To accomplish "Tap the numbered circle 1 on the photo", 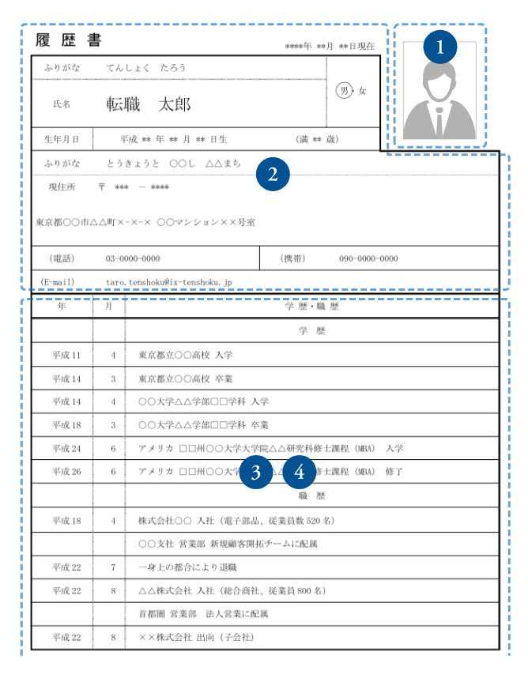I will (440, 47).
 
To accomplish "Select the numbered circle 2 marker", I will (273, 175).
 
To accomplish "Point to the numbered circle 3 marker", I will (256, 473).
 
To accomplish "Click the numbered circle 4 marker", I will (299, 473).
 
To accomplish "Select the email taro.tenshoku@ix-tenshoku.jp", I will (169, 281).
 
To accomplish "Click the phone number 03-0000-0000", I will (133, 258).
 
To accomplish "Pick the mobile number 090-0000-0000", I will (368, 258).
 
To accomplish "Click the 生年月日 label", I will (62, 139).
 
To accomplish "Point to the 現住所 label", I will (62, 187).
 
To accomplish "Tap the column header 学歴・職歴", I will (311, 307).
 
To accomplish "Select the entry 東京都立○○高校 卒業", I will (185, 379).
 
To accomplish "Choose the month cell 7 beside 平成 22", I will (113, 567).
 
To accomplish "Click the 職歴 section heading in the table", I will (311, 497).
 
